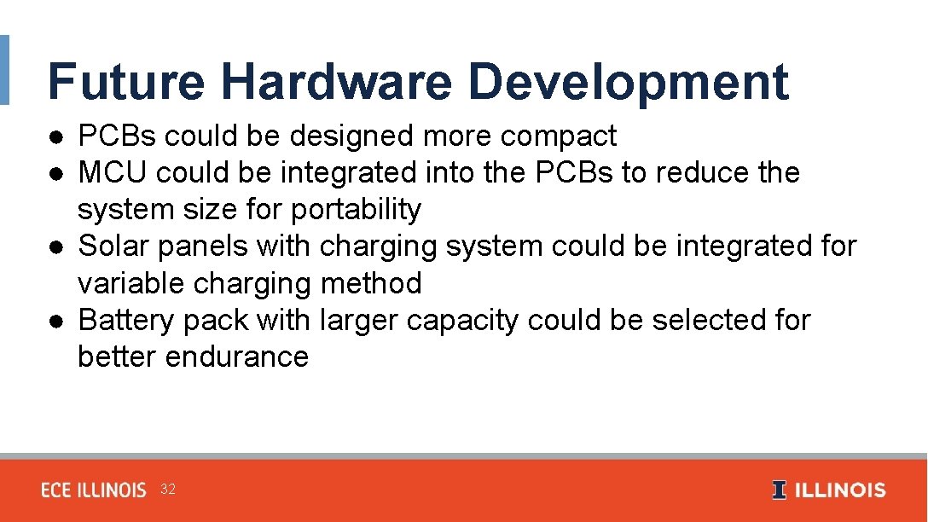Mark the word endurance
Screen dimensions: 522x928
click(x=237, y=357)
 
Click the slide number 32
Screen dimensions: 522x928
click(x=168, y=490)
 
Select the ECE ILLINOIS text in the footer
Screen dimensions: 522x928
click(x=94, y=490)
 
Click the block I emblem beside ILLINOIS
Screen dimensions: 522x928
click(x=779, y=490)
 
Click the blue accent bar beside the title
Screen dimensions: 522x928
click(x=4, y=70)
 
